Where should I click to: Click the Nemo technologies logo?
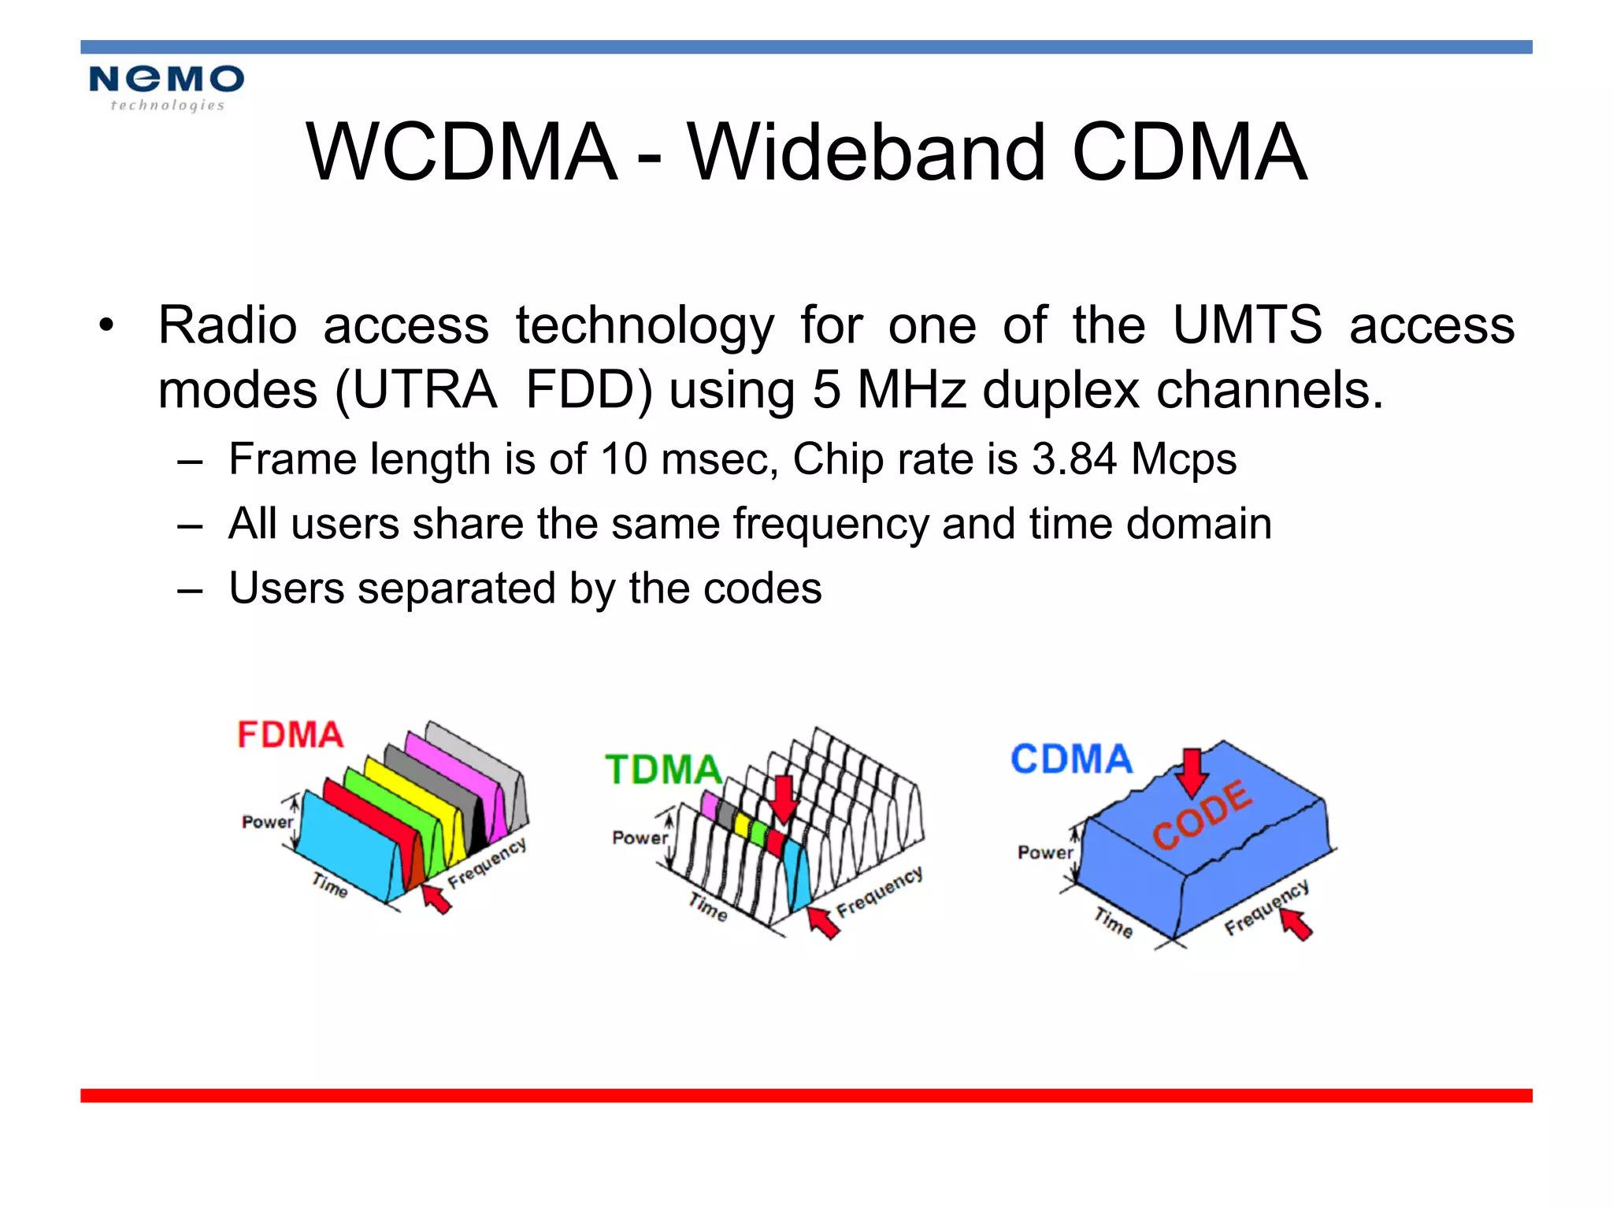click(x=166, y=87)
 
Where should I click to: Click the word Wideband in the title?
click(x=867, y=153)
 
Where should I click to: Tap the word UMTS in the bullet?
click(x=1247, y=325)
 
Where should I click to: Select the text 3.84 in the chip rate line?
click(x=1073, y=458)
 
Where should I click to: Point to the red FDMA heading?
click(x=291, y=735)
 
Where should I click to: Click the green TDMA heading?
click(x=663, y=770)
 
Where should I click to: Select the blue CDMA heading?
click(x=1071, y=759)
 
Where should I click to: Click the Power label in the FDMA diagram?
click(x=267, y=822)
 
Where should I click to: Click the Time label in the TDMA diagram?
click(x=708, y=907)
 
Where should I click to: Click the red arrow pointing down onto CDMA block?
click(x=1192, y=772)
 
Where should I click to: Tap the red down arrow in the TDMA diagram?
click(x=783, y=798)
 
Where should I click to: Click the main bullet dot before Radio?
click(x=106, y=325)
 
